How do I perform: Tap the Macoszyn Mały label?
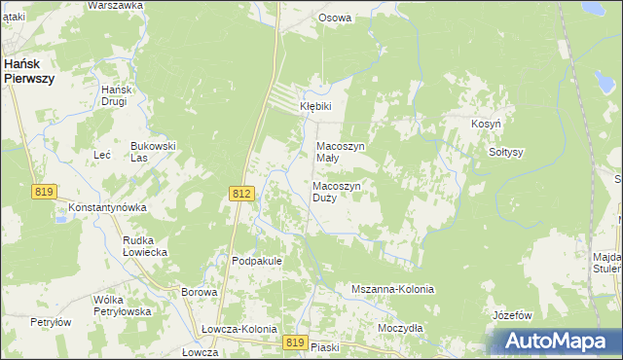(x=341, y=152)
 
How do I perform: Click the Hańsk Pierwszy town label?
(x=28, y=69)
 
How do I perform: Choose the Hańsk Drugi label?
(x=115, y=95)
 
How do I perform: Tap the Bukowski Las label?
(x=153, y=152)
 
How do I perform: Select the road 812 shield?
(x=243, y=195)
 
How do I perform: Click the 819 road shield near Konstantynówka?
(x=44, y=193)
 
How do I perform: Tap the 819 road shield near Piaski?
(x=297, y=342)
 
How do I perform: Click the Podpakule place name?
(x=257, y=261)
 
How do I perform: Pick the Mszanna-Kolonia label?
(x=392, y=290)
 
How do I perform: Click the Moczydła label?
(x=400, y=328)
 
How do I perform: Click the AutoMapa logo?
(x=555, y=341)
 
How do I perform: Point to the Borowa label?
(x=199, y=291)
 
